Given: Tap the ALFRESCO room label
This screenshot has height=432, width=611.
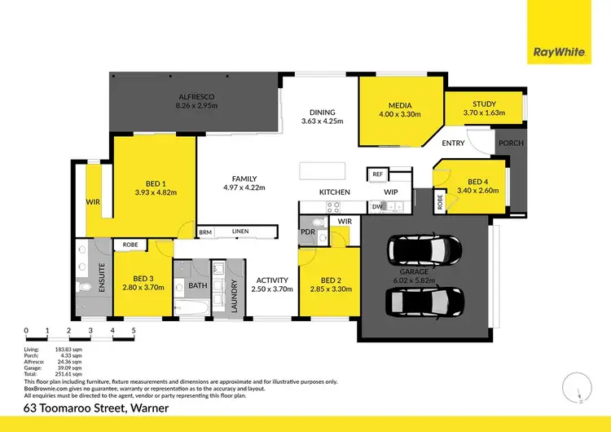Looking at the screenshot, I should (x=196, y=95).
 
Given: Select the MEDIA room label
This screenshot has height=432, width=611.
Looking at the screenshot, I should (x=399, y=105).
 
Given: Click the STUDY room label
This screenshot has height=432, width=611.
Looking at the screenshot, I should (x=484, y=104).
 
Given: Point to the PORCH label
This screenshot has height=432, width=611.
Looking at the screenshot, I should (x=511, y=143).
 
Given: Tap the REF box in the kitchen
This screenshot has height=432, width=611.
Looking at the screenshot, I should (x=377, y=174).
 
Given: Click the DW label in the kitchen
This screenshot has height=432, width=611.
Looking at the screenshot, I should (x=376, y=207).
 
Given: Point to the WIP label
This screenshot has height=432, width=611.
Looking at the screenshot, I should (x=390, y=192).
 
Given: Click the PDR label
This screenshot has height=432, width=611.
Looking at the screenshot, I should (x=308, y=231).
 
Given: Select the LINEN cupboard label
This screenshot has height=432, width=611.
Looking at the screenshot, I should (x=240, y=231).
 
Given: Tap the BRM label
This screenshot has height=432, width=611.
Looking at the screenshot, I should (x=205, y=231).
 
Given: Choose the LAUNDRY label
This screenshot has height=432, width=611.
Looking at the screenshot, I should (x=234, y=297).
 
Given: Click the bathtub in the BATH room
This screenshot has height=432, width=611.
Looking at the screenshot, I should (x=193, y=308).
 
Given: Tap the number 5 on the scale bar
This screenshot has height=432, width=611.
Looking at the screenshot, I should (x=134, y=331).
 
